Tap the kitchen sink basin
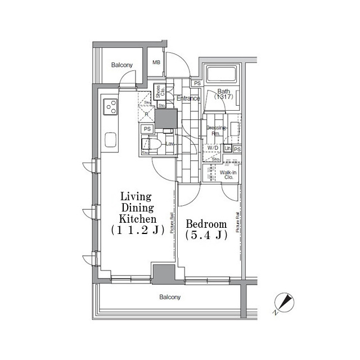click(x=110, y=138)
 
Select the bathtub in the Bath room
click(x=223, y=75)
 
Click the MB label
click(x=156, y=63)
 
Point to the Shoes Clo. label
click(x=159, y=92)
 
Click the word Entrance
click(x=188, y=99)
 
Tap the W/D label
click(x=213, y=148)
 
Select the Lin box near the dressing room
click(x=228, y=148)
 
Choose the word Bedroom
click(x=206, y=223)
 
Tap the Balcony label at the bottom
click(x=169, y=297)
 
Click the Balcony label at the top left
click(x=121, y=66)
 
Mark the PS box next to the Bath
click(x=196, y=84)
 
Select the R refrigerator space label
click(x=147, y=114)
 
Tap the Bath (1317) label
click(x=223, y=94)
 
